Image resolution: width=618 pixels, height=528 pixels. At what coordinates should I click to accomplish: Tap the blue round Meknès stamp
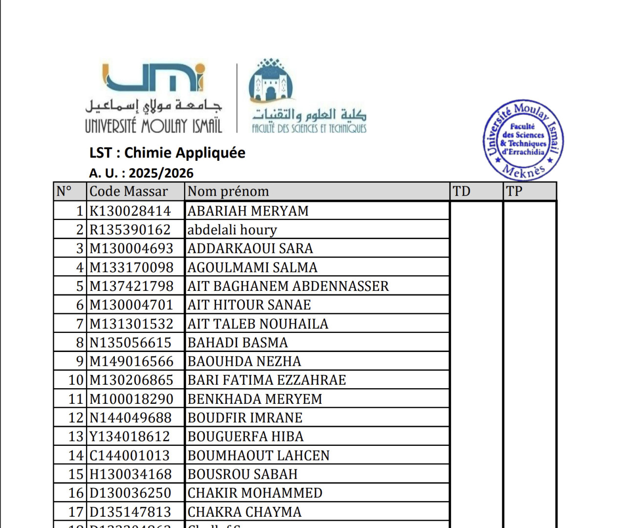[523, 140]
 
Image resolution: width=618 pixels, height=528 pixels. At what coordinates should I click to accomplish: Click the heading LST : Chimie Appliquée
[167, 153]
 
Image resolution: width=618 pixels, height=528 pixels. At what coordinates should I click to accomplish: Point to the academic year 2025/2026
[161, 173]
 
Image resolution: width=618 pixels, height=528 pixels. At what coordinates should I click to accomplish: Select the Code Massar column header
[128, 191]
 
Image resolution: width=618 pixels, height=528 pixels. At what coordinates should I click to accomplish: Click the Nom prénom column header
[228, 191]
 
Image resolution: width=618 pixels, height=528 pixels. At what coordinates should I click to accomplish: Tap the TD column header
[462, 191]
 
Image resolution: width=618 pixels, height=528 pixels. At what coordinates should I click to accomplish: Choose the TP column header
[514, 191]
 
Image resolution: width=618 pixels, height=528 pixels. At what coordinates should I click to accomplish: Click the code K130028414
[130, 211]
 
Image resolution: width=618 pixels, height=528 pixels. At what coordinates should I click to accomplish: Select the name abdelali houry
[232, 230]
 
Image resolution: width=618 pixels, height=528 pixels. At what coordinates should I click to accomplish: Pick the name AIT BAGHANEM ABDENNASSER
[288, 286]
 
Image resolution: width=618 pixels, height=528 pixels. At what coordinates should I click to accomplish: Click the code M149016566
[131, 361]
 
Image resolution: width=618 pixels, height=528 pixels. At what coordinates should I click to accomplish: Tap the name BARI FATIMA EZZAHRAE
[267, 380]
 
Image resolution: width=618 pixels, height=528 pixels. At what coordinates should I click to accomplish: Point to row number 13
[76, 436]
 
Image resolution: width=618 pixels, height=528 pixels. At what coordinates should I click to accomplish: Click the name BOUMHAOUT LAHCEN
[258, 455]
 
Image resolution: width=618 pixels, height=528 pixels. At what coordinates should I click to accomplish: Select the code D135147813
[130, 512]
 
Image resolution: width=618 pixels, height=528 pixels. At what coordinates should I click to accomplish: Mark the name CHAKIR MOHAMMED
[255, 493]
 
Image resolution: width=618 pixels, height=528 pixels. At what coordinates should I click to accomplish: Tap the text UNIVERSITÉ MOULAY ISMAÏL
[153, 126]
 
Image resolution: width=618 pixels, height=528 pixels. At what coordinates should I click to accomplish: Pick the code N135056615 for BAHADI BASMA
[130, 343]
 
